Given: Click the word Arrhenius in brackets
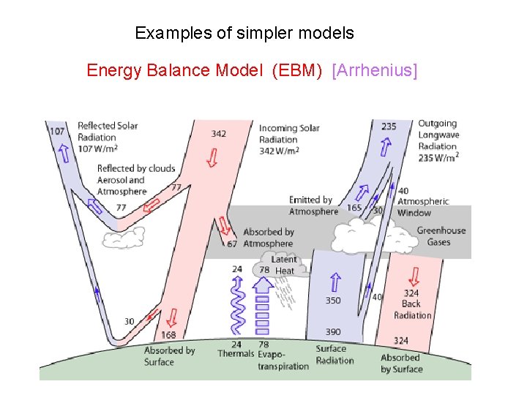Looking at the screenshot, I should [375, 70].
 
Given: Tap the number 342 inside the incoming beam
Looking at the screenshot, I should [218, 134].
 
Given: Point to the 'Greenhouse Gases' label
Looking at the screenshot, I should [441, 236].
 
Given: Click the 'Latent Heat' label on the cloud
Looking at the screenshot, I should [284, 265].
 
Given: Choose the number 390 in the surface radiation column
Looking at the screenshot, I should [333, 332].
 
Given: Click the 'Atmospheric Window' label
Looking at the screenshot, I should [423, 207].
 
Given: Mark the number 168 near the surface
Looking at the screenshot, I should [168, 335].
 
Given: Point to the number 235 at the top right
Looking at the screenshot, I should [389, 127].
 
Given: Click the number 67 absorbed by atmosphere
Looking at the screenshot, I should [231, 244].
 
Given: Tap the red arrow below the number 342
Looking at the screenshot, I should [212, 157].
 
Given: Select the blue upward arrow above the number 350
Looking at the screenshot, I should [334, 282].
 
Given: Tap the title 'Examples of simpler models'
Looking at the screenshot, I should [244, 33].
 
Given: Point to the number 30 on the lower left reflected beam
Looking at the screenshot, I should [129, 322].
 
